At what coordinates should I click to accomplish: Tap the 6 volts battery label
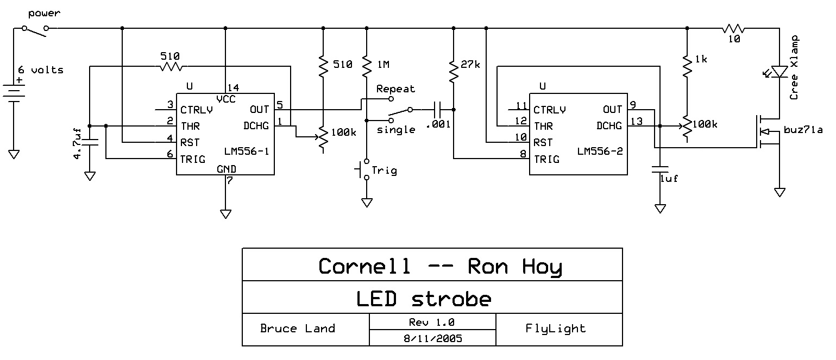[41, 70]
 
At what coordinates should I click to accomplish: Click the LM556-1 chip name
[247, 150]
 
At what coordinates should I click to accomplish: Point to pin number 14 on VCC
[234, 87]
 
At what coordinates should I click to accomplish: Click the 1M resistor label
[383, 65]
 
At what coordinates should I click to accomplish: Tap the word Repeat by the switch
[395, 89]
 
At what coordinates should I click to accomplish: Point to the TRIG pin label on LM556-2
[546, 160]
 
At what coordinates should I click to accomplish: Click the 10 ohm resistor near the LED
[733, 28]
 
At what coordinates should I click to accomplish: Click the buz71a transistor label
[803, 130]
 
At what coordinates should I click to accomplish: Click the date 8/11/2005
[432, 338]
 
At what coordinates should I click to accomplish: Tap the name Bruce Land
[297, 329]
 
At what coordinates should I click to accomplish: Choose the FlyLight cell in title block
[556, 329]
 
